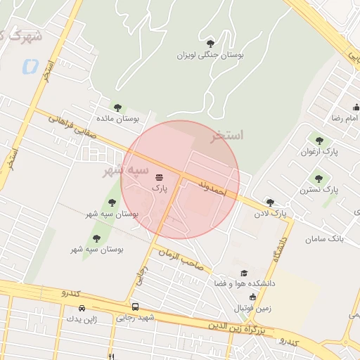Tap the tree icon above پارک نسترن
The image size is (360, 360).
[x=320, y=179]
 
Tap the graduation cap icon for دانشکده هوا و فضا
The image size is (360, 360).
[x=244, y=274]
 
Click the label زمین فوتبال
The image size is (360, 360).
[x=252, y=307]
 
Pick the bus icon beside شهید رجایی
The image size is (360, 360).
[x=135, y=307]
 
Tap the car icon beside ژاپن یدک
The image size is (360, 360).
[x=82, y=308]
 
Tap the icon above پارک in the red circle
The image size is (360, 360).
[x=159, y=177]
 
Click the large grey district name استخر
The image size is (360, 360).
[x=227, y=135]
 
